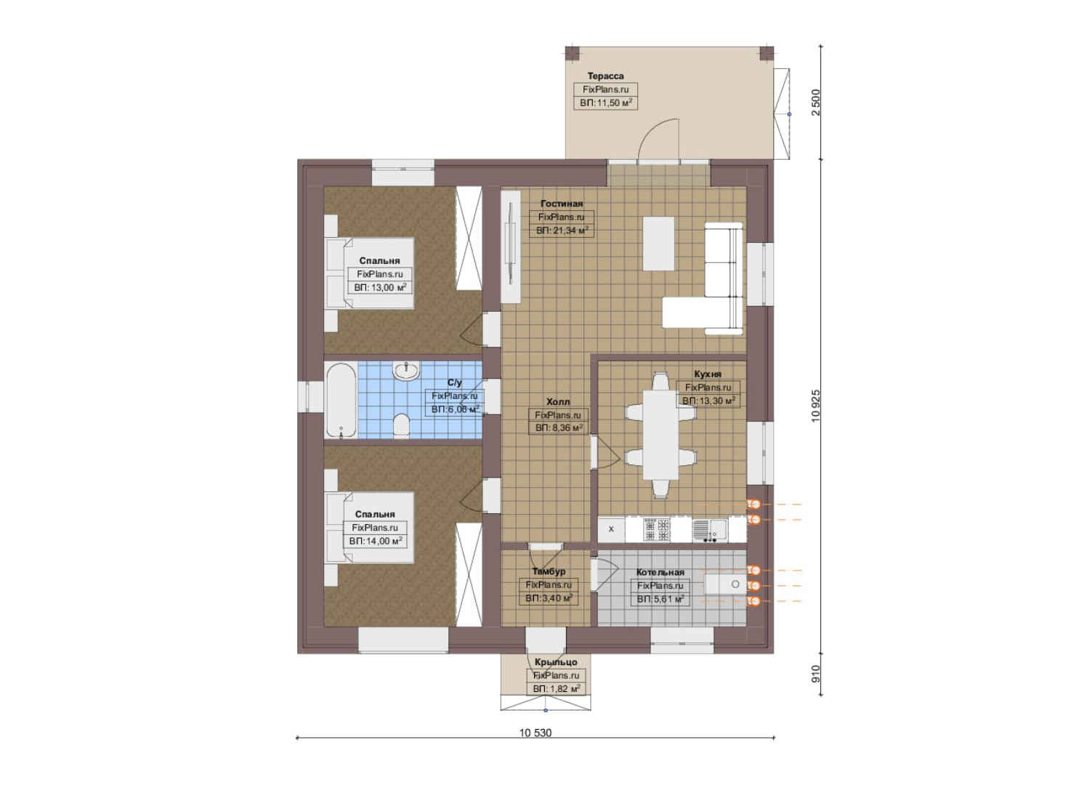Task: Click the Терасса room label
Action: pyautogui.click(x=605, y=76)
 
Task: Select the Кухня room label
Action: pyautogui.click(x=708, y=374)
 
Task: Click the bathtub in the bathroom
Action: pyautogui.click(x=341, y=400)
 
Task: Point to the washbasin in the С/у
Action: pyautogui.click(x=406, y=370)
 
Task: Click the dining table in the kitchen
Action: pyautogui.click(x=659, y=435)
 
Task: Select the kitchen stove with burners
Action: pyautogui.click(x=657, y=529)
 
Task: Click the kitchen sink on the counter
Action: pyautogui.click(x=710, y=529)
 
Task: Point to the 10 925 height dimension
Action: pyautogui.click(x=815, y=406)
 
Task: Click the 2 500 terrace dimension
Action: pyautogui.click(x=816, y=102)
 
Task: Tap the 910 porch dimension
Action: pyautogui.click(x=816, y=674)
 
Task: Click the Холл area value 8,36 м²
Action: pyautogui.click(x=559, y=428)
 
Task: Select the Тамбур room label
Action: pyautogui.click(x=549, y=571)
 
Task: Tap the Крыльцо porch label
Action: pyautogui.click(x=556, y=662)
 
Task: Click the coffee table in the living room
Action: pyautogui.click(x=658, y=243)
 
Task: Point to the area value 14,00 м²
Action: pyautogui.click(x=376, y=541)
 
